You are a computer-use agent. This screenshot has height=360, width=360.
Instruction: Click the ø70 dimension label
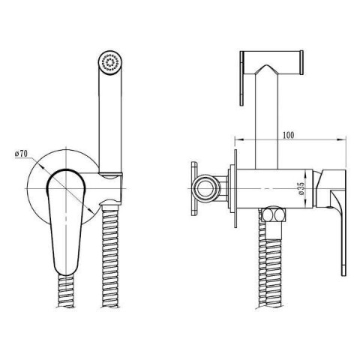[21, 153]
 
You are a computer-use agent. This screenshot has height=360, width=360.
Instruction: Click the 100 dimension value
[288, 135]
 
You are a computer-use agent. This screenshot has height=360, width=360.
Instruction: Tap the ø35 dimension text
[301, 188]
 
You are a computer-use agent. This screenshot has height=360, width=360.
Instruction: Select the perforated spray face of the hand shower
[109, 62]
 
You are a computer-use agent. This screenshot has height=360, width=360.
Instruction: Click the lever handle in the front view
[66, 220]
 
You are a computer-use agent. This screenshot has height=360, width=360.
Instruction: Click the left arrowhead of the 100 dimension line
[238, 139]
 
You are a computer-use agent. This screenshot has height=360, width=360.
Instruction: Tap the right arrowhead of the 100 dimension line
[342, 139]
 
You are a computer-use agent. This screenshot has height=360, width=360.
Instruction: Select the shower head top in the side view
[272, 62]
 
